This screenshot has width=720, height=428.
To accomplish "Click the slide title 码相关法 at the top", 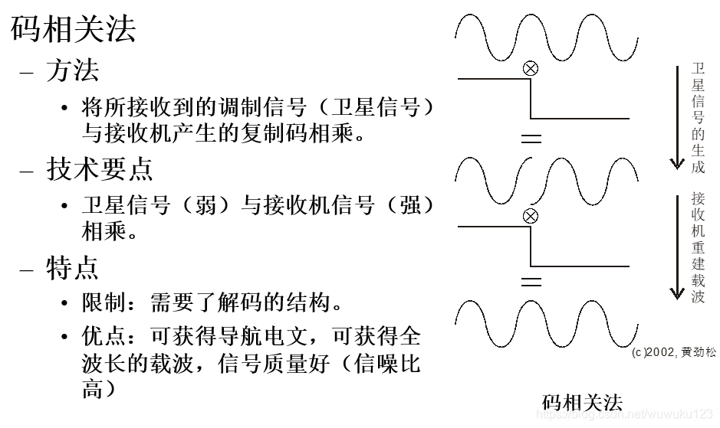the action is pos(74,30).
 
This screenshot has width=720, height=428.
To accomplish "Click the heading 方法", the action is pos(72,71).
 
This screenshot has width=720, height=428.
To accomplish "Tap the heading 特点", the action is pos(72,267).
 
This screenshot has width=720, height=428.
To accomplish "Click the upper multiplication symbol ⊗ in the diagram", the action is pos(530,68).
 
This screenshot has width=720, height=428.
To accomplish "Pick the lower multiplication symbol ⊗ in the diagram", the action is pos(530,216).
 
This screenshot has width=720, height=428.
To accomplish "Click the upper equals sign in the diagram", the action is pos(531,139).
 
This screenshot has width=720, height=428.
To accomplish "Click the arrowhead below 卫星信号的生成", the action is pos(676,162).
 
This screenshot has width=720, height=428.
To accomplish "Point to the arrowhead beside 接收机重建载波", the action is pos(676,292).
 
